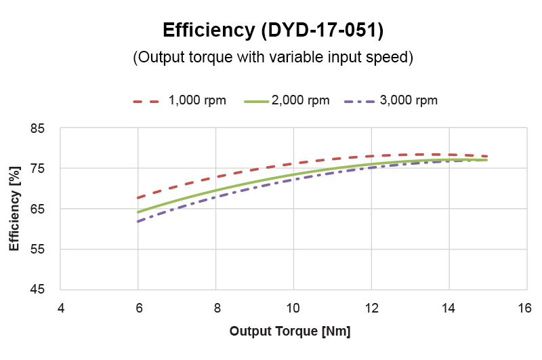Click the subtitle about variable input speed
pyautogui.click(x=272, y=58)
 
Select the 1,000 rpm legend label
pyautogui.click(x=197, y=100)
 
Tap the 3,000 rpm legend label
pyautogui.click(x=409, y=100)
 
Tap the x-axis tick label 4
pyautogui.click(x=60, y=307)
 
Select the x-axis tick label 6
pyautogui.click(x=138, y=307)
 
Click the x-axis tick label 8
pyautogui.click(x=215, y=307)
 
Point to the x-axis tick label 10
pyautogui.click(x=293, y=307)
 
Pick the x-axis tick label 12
pyautogui.click(x=370, y=307)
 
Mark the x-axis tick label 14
pyautogui.click(x=447, y=307)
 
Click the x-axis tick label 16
pyautogui.click(x=524, y=307)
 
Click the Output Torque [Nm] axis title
pyautogui.click(x=289, y=332)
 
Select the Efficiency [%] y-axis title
pyautogui.click(x=15, y=209)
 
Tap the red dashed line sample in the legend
pyautogui.click(x=145, y=101)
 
